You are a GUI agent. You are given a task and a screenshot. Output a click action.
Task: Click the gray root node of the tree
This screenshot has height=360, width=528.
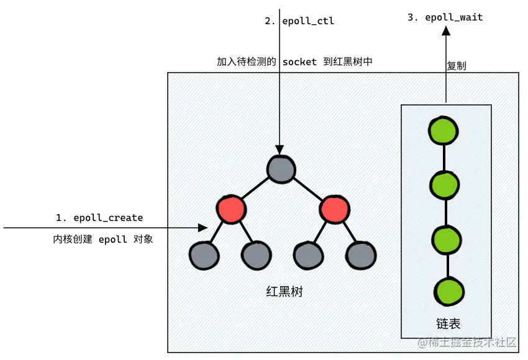281,169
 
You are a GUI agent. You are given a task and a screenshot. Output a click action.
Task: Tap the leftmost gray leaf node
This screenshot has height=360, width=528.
204,255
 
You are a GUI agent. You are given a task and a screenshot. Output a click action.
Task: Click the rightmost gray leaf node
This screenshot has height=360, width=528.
360,255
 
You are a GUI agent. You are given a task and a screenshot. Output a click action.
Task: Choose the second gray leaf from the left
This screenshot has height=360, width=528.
256,255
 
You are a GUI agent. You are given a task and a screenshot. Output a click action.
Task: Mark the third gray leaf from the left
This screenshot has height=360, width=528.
308,255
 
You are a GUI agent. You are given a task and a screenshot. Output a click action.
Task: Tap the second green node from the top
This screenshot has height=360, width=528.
445,184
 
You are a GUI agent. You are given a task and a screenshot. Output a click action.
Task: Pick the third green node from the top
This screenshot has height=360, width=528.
445,238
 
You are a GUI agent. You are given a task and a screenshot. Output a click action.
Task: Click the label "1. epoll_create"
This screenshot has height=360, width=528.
99,218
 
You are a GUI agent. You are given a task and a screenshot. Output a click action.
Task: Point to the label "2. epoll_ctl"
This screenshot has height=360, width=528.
299,21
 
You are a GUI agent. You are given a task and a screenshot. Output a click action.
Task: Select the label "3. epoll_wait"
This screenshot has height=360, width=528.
445,17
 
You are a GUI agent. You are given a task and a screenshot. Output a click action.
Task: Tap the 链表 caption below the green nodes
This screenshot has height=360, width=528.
448,324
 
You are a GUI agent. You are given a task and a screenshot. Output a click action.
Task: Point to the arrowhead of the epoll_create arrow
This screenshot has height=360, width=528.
202,228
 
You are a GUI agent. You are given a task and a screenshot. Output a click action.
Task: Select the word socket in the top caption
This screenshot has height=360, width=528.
300,62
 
